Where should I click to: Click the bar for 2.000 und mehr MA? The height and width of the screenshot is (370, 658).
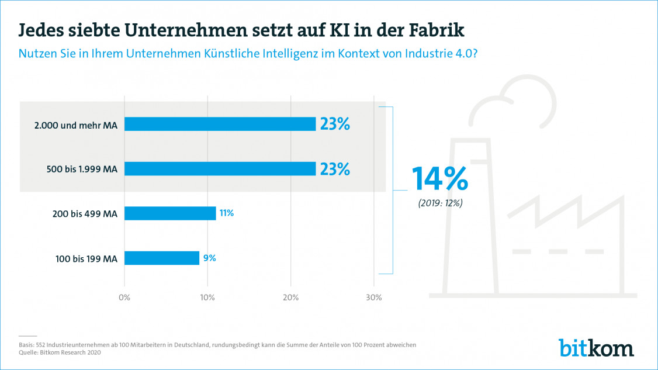220,124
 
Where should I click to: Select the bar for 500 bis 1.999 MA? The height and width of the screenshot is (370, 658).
220,169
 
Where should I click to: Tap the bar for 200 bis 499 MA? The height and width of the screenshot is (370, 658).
170,213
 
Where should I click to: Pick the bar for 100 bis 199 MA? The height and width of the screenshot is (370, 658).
162,258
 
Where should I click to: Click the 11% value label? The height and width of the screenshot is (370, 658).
227,213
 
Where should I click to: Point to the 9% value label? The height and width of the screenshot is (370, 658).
209,258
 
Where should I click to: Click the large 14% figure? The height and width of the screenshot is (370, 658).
441,179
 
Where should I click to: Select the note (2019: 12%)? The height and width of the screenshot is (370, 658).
440,203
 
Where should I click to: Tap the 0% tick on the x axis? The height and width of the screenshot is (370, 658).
124,298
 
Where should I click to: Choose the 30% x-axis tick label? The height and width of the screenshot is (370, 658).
373,298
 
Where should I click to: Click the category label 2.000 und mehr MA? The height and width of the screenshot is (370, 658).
84,125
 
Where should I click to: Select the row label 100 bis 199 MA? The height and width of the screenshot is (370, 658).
86,258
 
